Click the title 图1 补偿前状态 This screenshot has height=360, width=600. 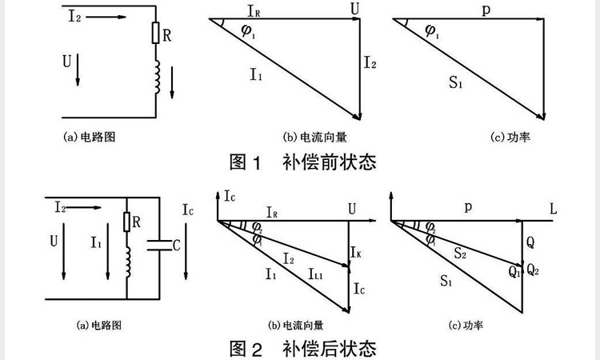click(x=302, y=162)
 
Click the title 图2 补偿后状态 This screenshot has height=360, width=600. click(x=302, y=349)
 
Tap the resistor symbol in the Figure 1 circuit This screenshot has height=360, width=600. click(x=156, y=34)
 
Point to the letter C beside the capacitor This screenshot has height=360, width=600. click(x=177, y=246)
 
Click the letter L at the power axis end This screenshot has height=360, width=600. click(x=553, y=209)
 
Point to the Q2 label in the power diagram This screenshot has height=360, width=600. click(x=534, y=270)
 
